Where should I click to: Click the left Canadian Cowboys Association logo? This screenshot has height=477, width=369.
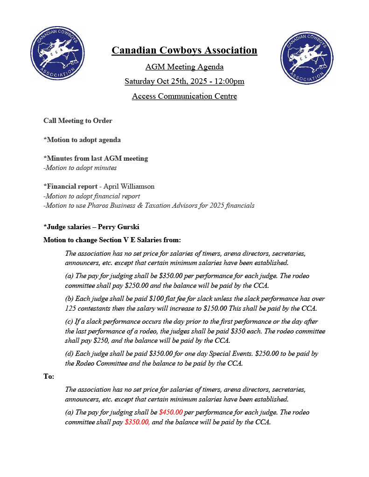[57, 53]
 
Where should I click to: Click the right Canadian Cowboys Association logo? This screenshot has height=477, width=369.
[307, 58]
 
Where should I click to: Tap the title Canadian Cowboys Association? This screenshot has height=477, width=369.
[184, 50]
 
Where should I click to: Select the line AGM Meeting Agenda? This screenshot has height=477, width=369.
[184, 67]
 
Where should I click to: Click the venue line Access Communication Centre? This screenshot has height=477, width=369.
[184, 96]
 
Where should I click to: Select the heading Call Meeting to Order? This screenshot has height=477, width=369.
[78, 121]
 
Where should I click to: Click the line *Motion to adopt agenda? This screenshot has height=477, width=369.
[82, 140]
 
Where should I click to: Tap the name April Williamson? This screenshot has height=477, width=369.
[129, 186]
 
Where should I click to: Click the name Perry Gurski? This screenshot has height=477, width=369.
[118, 227]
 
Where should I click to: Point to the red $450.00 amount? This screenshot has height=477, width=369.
[171, 412]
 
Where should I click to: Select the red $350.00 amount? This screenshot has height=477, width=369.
[137, 422]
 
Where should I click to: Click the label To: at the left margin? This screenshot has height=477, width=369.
[49, 376]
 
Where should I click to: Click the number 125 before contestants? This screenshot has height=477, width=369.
[71, 308]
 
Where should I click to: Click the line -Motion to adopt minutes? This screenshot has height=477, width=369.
[80, 168]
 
